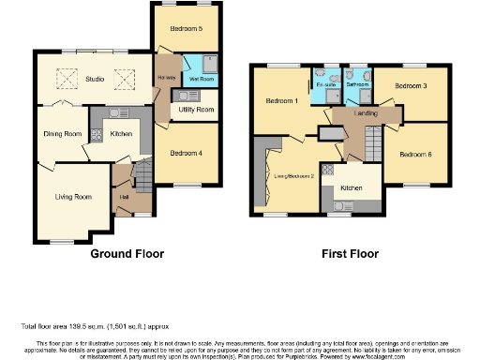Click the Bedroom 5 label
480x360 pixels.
187,29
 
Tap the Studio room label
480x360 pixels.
94,79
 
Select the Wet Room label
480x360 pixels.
200,80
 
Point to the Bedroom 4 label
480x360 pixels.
187,153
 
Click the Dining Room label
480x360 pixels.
63,134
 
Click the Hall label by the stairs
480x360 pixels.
124,197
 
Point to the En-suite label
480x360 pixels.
324,84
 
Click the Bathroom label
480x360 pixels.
357,84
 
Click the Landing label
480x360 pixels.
366,114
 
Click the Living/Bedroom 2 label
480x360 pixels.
292,174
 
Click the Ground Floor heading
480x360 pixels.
127,253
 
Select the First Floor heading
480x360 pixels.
346,253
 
